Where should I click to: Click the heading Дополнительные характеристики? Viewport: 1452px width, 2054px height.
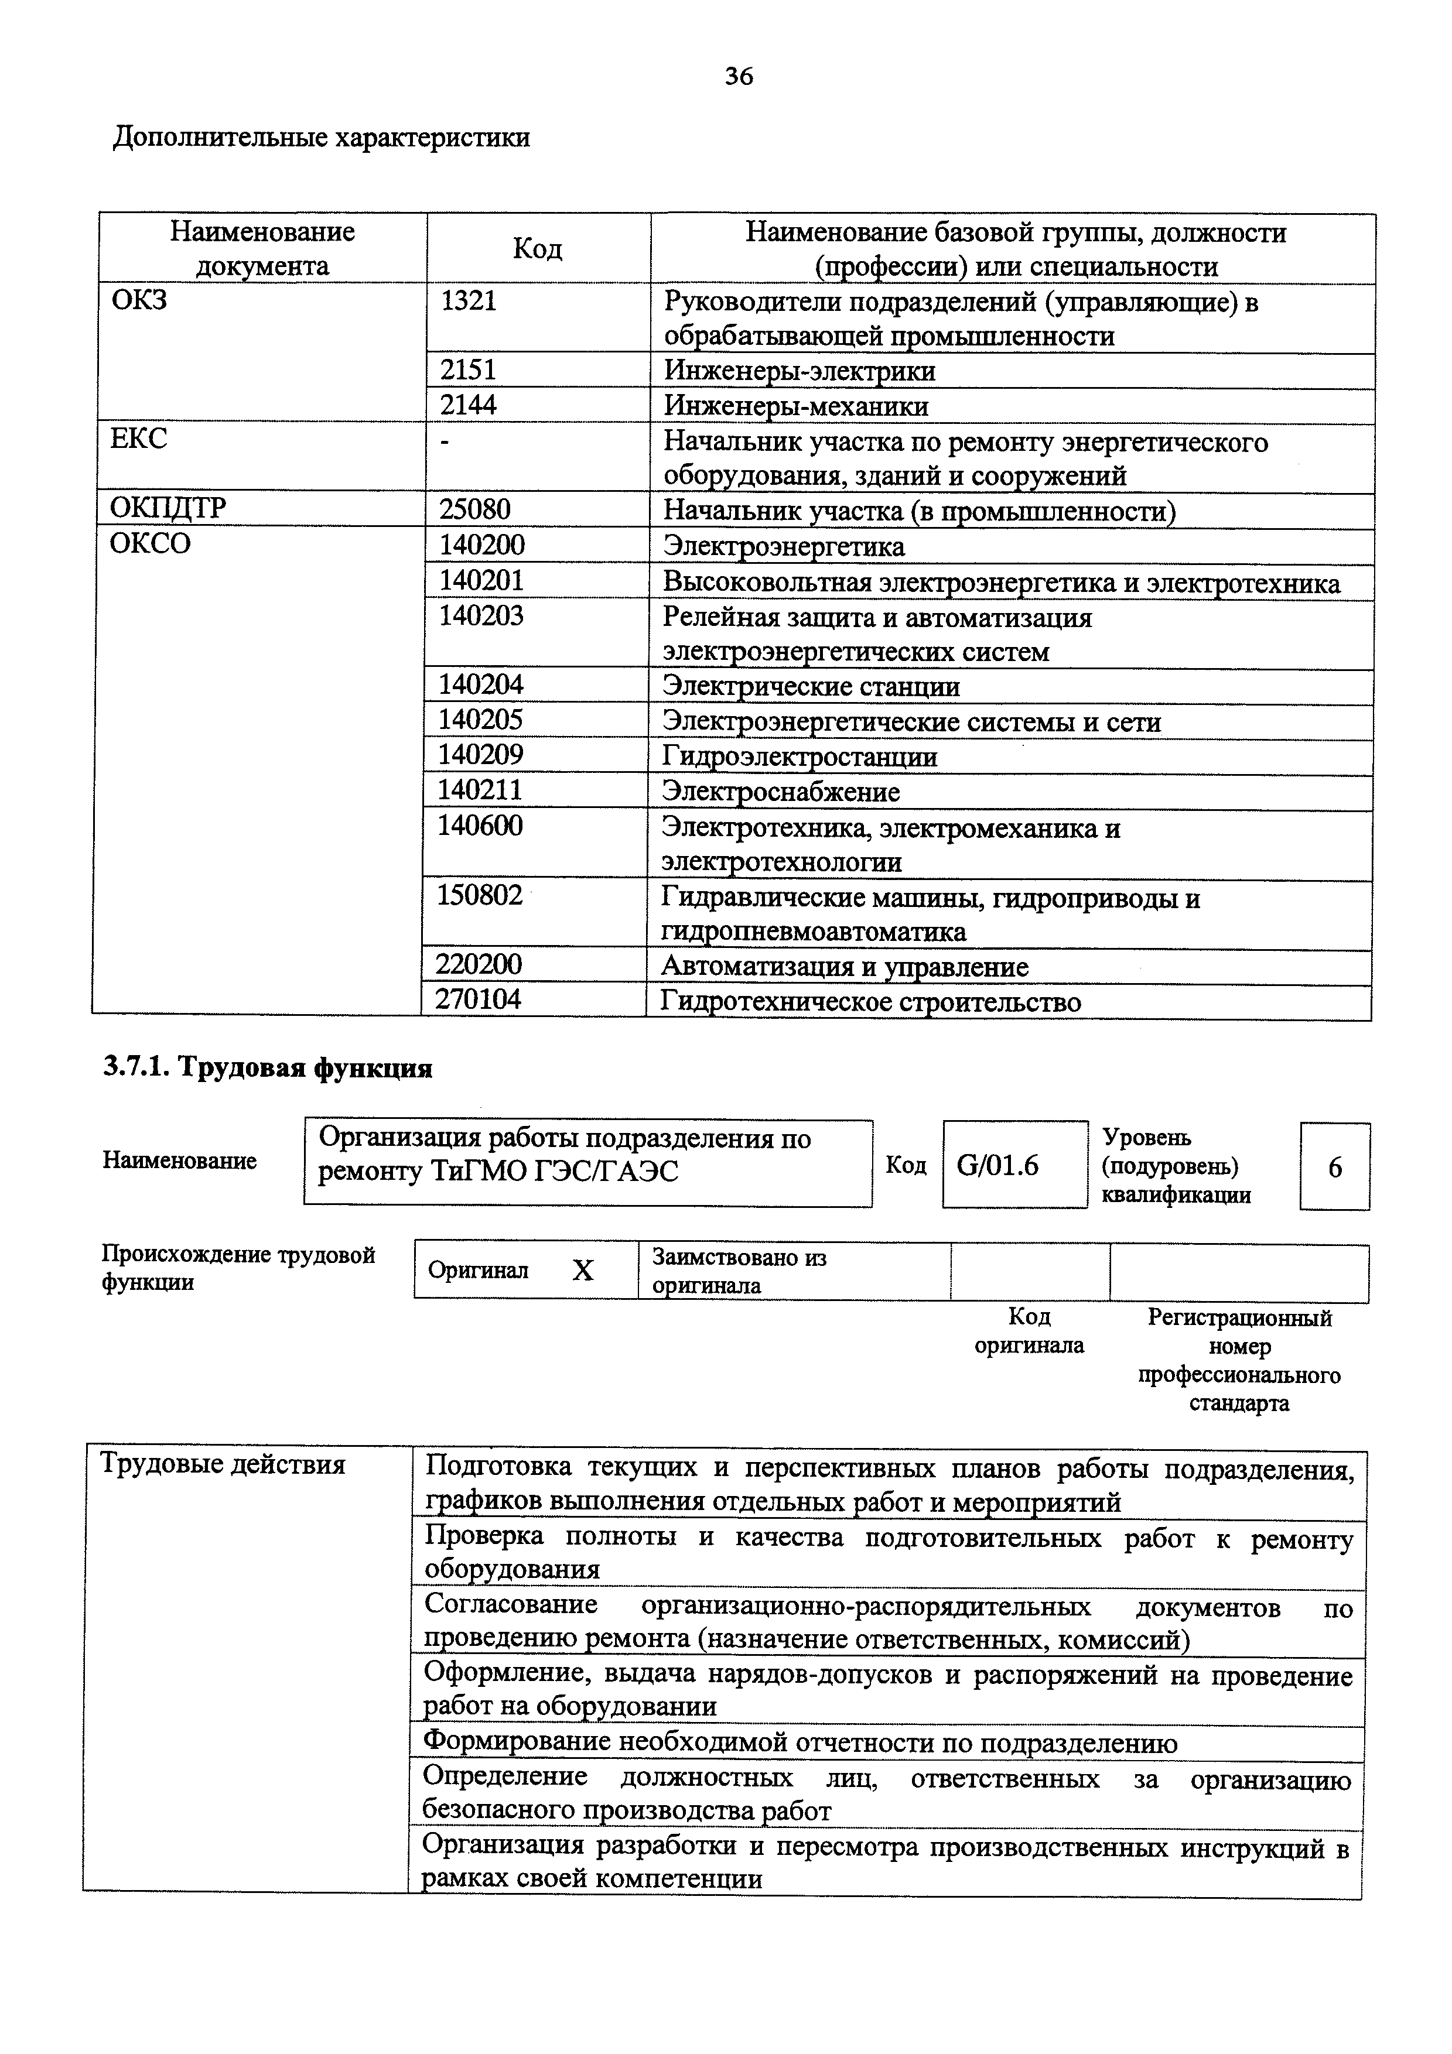(x=321, y=138)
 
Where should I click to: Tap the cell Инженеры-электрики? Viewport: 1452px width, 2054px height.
(x=799, y=371)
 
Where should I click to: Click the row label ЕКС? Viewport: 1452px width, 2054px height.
(x=139, y=439)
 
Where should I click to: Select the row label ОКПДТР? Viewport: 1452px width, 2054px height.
(x=168, y=508)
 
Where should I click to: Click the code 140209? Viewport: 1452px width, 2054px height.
(x=480, y=756)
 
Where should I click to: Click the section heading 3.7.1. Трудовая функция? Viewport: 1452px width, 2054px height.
(x=268, y=1068)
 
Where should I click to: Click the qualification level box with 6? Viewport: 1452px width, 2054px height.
(x=1334, y=1168)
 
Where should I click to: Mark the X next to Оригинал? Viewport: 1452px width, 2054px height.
(x=582, y=1271)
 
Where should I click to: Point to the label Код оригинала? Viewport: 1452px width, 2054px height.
(x=1029, y=1331)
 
